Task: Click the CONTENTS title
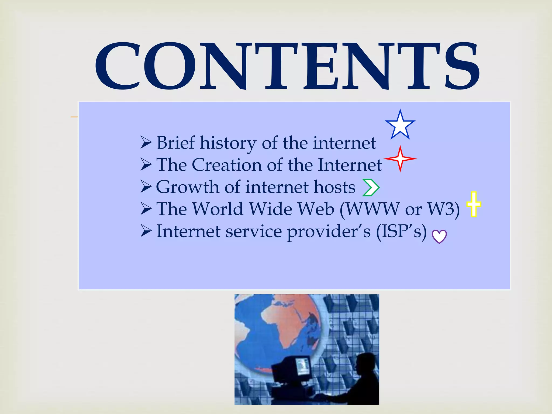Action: pyautogui.click(x=287, y=66)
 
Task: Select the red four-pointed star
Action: pyautogui.click(x=400, y=159)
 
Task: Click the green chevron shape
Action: pyautogui.click(x=371, y=187)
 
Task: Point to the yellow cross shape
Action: pyautogui.click(x=474, y=204)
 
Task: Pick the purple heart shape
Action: pyautogui.click(x=439, y=236)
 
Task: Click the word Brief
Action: pyautogui.click(x=175, y=143)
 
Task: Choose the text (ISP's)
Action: pyautogui.click(x=401, y=231)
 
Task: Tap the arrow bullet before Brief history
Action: pyautogui.click(x=146, y=143)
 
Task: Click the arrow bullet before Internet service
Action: pyautogui.click(x=146, y=231)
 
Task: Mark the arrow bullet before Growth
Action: pyautogui.click(x=146, y=187)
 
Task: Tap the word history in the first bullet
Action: pyautogui.click(x=228, y=143)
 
